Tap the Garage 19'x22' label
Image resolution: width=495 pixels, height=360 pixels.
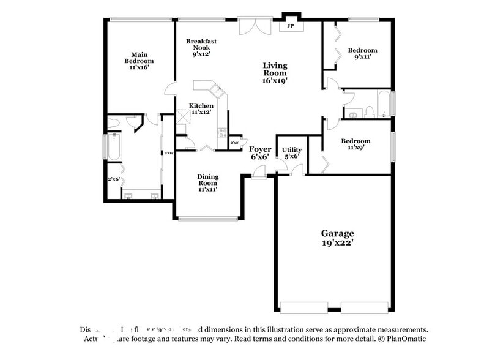(338, 238)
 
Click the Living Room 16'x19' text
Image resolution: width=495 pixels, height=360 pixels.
(275, 72)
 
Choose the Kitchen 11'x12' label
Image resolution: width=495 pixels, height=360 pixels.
(201, 108)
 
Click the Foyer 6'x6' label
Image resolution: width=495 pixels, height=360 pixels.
(259, 152)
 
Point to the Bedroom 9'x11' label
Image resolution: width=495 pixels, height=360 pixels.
(363, 53)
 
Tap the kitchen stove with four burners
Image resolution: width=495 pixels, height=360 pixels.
(222, 131)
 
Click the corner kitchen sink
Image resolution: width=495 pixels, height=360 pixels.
(216, 92)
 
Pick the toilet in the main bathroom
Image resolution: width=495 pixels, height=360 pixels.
(114, 123)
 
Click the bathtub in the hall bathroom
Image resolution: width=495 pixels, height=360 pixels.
(384, 103)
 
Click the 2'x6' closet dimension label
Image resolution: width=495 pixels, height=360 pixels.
(114, 179)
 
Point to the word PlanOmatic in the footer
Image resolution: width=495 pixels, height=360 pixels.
(406, 339)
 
